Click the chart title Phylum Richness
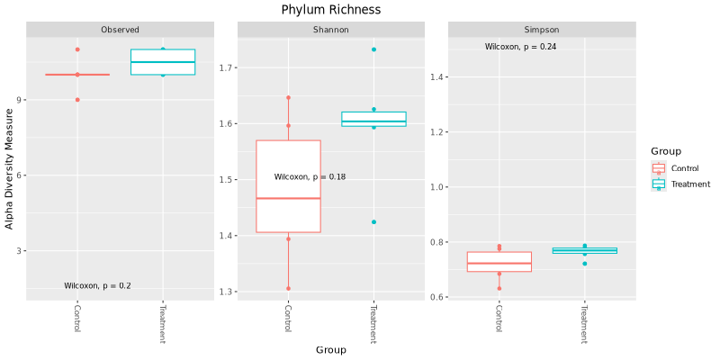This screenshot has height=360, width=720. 330,10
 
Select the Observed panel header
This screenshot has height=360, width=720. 120,30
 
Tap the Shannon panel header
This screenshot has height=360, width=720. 331,30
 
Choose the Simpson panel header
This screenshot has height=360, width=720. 542,30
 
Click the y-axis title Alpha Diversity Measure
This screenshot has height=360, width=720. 10,168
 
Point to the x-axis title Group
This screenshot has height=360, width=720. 330,350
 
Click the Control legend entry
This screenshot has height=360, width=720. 685,168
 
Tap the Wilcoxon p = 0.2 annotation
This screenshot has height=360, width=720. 97,286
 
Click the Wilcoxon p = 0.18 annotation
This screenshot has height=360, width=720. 310,177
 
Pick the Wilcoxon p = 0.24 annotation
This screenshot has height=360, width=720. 521,47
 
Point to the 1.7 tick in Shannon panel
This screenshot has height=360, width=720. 226,67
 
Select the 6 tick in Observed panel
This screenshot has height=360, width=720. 18,175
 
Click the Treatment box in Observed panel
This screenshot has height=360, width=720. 163,62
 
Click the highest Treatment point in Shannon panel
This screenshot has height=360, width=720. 373,49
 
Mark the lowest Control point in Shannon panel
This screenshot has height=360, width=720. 289,288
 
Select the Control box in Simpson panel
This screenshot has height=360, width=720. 499,262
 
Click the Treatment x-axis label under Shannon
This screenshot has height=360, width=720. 373,323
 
